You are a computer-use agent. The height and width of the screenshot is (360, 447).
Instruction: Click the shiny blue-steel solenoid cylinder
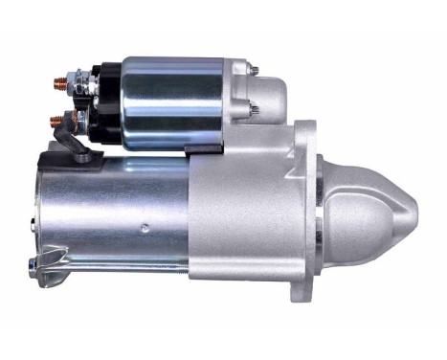(x=172, y=101)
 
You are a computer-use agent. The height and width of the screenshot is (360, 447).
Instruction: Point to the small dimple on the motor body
(x=144, y=228)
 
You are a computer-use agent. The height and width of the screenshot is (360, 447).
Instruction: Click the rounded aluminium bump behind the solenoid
(x=271, y=96)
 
